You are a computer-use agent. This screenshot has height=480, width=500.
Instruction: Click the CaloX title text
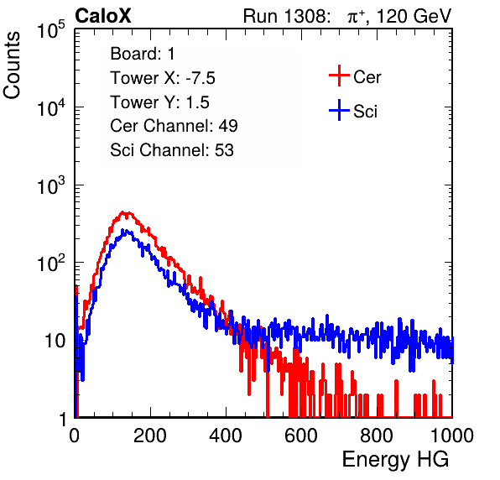point(103,15)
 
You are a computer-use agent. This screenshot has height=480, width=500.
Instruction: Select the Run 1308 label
point(286,16)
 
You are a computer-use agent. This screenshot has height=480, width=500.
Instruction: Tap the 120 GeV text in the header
point(414,16)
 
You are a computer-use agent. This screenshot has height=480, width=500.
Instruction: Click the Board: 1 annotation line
point(143,54)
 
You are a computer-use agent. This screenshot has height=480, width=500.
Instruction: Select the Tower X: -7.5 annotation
point(163,78)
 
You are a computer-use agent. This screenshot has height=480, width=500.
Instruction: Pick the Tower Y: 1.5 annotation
point(159,102)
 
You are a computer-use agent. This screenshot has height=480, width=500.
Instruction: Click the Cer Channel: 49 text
point(174,126)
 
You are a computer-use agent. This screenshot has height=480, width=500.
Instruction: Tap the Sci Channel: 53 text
point(172,150)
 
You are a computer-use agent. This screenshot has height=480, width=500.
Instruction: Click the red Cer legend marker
point(339,76)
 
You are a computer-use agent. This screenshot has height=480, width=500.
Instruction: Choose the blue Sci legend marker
point(339,110)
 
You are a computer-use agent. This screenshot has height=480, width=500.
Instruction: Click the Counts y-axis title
point(12,65)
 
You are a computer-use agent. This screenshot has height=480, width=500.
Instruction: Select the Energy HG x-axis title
point(395,460)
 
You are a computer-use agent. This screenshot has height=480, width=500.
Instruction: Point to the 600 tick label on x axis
point(301,436)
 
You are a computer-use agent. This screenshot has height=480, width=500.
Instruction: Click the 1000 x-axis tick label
point(452,436)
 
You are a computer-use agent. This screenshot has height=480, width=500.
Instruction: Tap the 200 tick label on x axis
point(150,436)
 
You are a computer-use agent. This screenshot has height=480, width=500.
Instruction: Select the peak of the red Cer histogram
point(122,211)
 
